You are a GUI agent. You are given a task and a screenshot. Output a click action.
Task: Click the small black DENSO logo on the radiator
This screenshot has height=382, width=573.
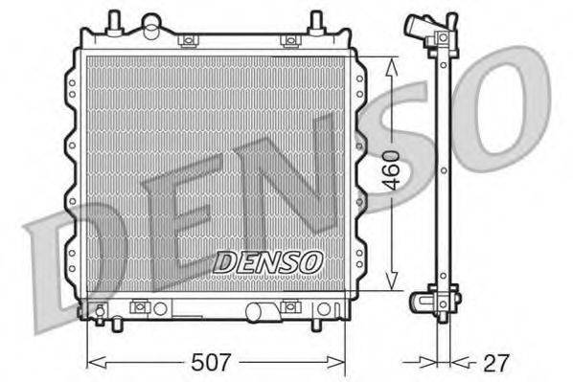(268, 260)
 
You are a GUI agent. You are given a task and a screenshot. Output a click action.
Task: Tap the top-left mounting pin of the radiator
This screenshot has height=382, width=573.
(114, 20)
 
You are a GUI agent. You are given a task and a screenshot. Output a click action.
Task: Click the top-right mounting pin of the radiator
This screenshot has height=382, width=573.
(315, 20)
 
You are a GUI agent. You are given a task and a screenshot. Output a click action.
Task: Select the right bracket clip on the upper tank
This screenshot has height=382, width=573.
(287, 40)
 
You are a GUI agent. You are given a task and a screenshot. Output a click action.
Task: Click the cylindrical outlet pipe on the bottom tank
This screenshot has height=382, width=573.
(260, 311)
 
